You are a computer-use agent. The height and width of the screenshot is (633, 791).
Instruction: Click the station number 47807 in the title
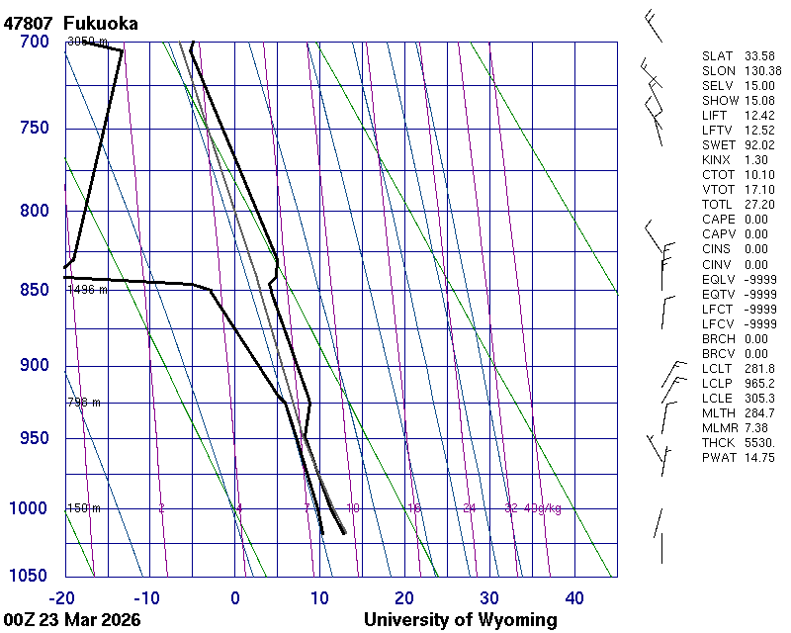[28, 23]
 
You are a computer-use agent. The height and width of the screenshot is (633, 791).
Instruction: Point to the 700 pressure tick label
[34, 42]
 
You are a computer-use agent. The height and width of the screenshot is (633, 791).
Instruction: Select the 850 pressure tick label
[34, 290]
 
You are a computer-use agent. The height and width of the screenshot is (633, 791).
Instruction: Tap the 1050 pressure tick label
[29, 576]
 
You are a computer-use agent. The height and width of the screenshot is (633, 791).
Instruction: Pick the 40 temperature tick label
[574, 597]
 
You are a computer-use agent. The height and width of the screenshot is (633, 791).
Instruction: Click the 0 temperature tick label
[235, 597]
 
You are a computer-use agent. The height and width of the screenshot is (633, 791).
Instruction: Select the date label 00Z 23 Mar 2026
[72, 620]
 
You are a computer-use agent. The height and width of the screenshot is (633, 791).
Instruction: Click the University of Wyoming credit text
[460, 620]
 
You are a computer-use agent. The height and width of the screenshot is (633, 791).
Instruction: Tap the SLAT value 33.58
[758, 56]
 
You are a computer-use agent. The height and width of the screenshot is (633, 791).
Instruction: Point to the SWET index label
[718, 145]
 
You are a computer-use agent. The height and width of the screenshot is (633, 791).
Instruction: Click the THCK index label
[718, 443]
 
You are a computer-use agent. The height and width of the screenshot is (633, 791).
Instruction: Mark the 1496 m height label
[87, 290]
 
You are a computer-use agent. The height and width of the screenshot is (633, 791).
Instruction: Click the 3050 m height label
[87, 42]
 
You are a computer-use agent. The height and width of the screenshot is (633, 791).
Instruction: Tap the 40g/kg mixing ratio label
[543, 508]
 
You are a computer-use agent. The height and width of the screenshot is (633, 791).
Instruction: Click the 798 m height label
[84, 403]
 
